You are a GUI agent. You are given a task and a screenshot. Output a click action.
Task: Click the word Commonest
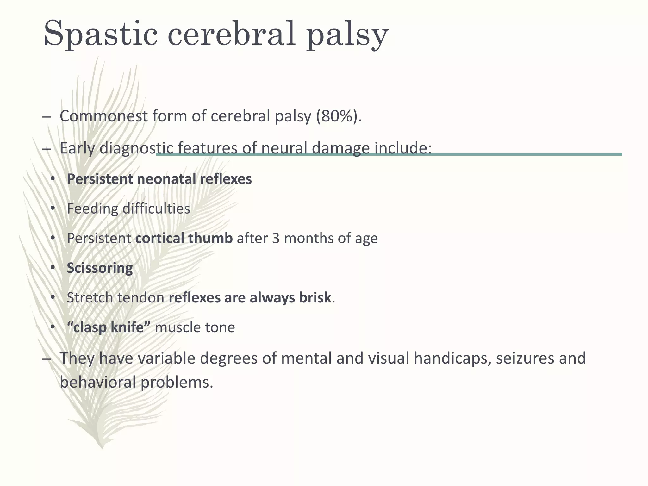(103, 116)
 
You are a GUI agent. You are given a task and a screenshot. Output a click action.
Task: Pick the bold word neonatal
(166, 179)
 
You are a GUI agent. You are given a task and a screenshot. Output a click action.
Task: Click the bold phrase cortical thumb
(184, 238)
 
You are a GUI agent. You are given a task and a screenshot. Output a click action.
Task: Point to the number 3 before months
(276, 238)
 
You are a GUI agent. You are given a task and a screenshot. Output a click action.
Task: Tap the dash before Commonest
(46, 117)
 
